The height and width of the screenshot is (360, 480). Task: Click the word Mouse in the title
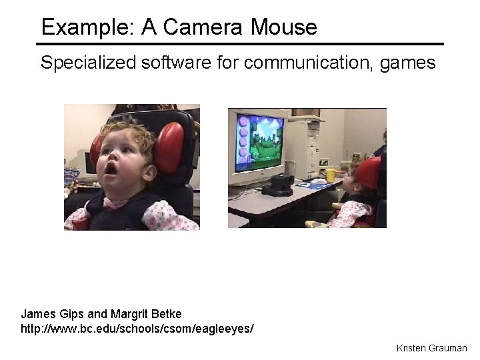pos(284,27)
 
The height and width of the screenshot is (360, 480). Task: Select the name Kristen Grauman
pos(431,348)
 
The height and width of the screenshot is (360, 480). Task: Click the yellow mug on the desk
pos(330,175)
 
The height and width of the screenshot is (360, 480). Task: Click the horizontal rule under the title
pos(240,44)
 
